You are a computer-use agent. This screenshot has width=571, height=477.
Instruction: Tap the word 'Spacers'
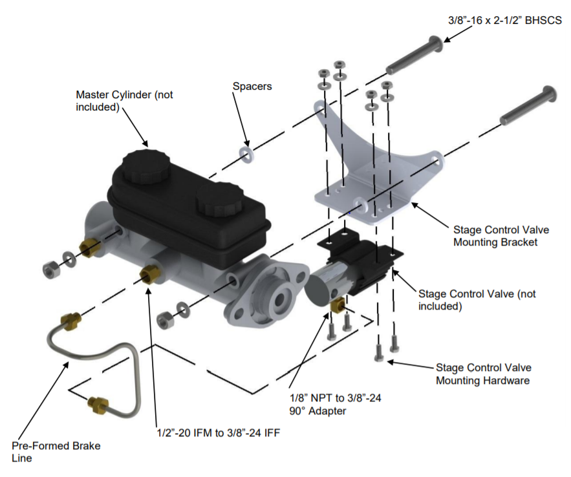coord(252,85)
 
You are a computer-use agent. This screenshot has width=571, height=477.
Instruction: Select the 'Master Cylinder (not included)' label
coord(124,101)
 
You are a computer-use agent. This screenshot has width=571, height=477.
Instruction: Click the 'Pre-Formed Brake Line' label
coord(56,452)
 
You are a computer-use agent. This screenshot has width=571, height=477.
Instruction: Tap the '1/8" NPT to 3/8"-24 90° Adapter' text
coord(335,404)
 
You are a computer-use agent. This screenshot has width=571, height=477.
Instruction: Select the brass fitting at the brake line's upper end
coord(69,319)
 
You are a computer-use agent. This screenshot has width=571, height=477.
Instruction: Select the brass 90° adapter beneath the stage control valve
coord(337,304)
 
